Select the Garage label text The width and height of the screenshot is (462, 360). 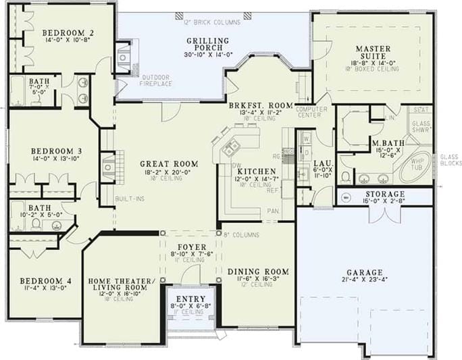point(365,273)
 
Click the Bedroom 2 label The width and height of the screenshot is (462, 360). point(68,32)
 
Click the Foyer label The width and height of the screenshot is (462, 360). point(192,247)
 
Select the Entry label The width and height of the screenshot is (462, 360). point(190,298)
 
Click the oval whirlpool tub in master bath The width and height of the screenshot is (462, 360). point(414,167)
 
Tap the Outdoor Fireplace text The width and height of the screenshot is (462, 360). point(156,80)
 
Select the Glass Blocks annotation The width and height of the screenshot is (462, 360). point(449,160)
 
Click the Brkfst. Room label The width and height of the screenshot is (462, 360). point(261,106)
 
